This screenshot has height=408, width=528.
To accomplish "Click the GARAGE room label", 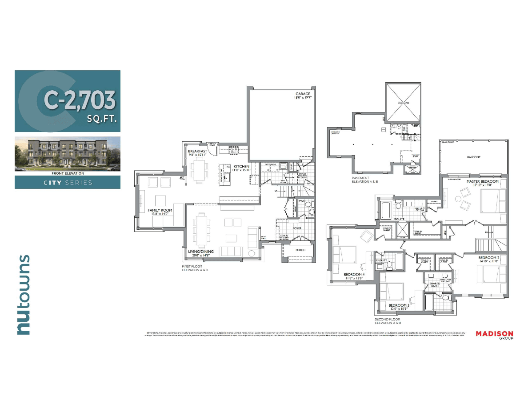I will pos(303,94).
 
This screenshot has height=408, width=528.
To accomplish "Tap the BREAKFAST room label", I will pos(198,152).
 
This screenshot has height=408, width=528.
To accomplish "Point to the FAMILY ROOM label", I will pos(160,210).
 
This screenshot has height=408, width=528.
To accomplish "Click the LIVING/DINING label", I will pos(200,252).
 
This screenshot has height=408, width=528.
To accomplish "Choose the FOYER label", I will pos(296,228).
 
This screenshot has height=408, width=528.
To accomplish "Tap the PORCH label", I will pos(300,250).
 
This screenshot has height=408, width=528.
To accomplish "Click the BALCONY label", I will pos(473,157).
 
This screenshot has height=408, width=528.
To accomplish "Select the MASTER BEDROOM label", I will pos(482,182).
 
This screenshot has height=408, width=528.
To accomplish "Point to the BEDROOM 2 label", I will pos(489,258).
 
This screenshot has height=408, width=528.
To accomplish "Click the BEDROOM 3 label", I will pos(399,305).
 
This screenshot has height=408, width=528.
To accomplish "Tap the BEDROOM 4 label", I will pos(354,275).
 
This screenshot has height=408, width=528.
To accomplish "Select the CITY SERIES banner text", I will pos(67,183).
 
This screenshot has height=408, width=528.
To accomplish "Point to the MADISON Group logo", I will pos(494,335).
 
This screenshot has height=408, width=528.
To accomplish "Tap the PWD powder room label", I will pos(302,201).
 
